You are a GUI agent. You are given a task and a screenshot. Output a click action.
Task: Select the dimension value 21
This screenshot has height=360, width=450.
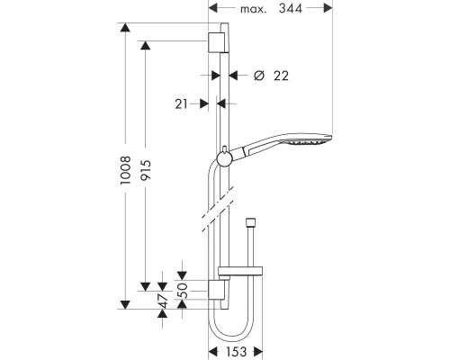coord(184,104)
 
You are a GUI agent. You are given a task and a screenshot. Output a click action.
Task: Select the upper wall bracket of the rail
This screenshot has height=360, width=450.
coord(218,44)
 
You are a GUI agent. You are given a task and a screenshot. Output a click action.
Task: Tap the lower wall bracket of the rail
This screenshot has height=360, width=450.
coord(218,290)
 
